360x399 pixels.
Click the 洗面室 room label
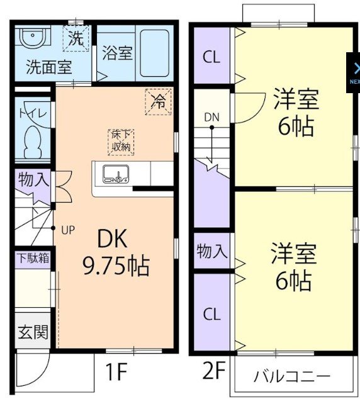[x=49, y=67]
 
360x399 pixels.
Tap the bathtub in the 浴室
[x=155, y=53]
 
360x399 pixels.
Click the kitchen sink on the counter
[x=116, y=174]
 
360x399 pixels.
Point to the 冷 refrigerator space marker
[x=158, y=101]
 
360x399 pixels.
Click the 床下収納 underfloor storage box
[x=121, y=142]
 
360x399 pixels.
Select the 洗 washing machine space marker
[x=76, y=38]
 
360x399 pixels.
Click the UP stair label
[x=68, y=230]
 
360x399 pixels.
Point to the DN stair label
[x=211, y=117]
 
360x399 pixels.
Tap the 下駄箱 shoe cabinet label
[x=33, y=258]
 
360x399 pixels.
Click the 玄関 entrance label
[x=33, y=332]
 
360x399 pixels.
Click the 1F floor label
[x=116, y=371]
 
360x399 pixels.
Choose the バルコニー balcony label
[x=292, y=376]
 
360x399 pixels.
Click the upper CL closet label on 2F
[x=211, y=57]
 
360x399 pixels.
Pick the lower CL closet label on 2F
[x=211, y=314]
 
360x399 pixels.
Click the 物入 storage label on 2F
[x=212, y=251]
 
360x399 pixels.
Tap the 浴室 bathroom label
[x=117, y=53]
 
